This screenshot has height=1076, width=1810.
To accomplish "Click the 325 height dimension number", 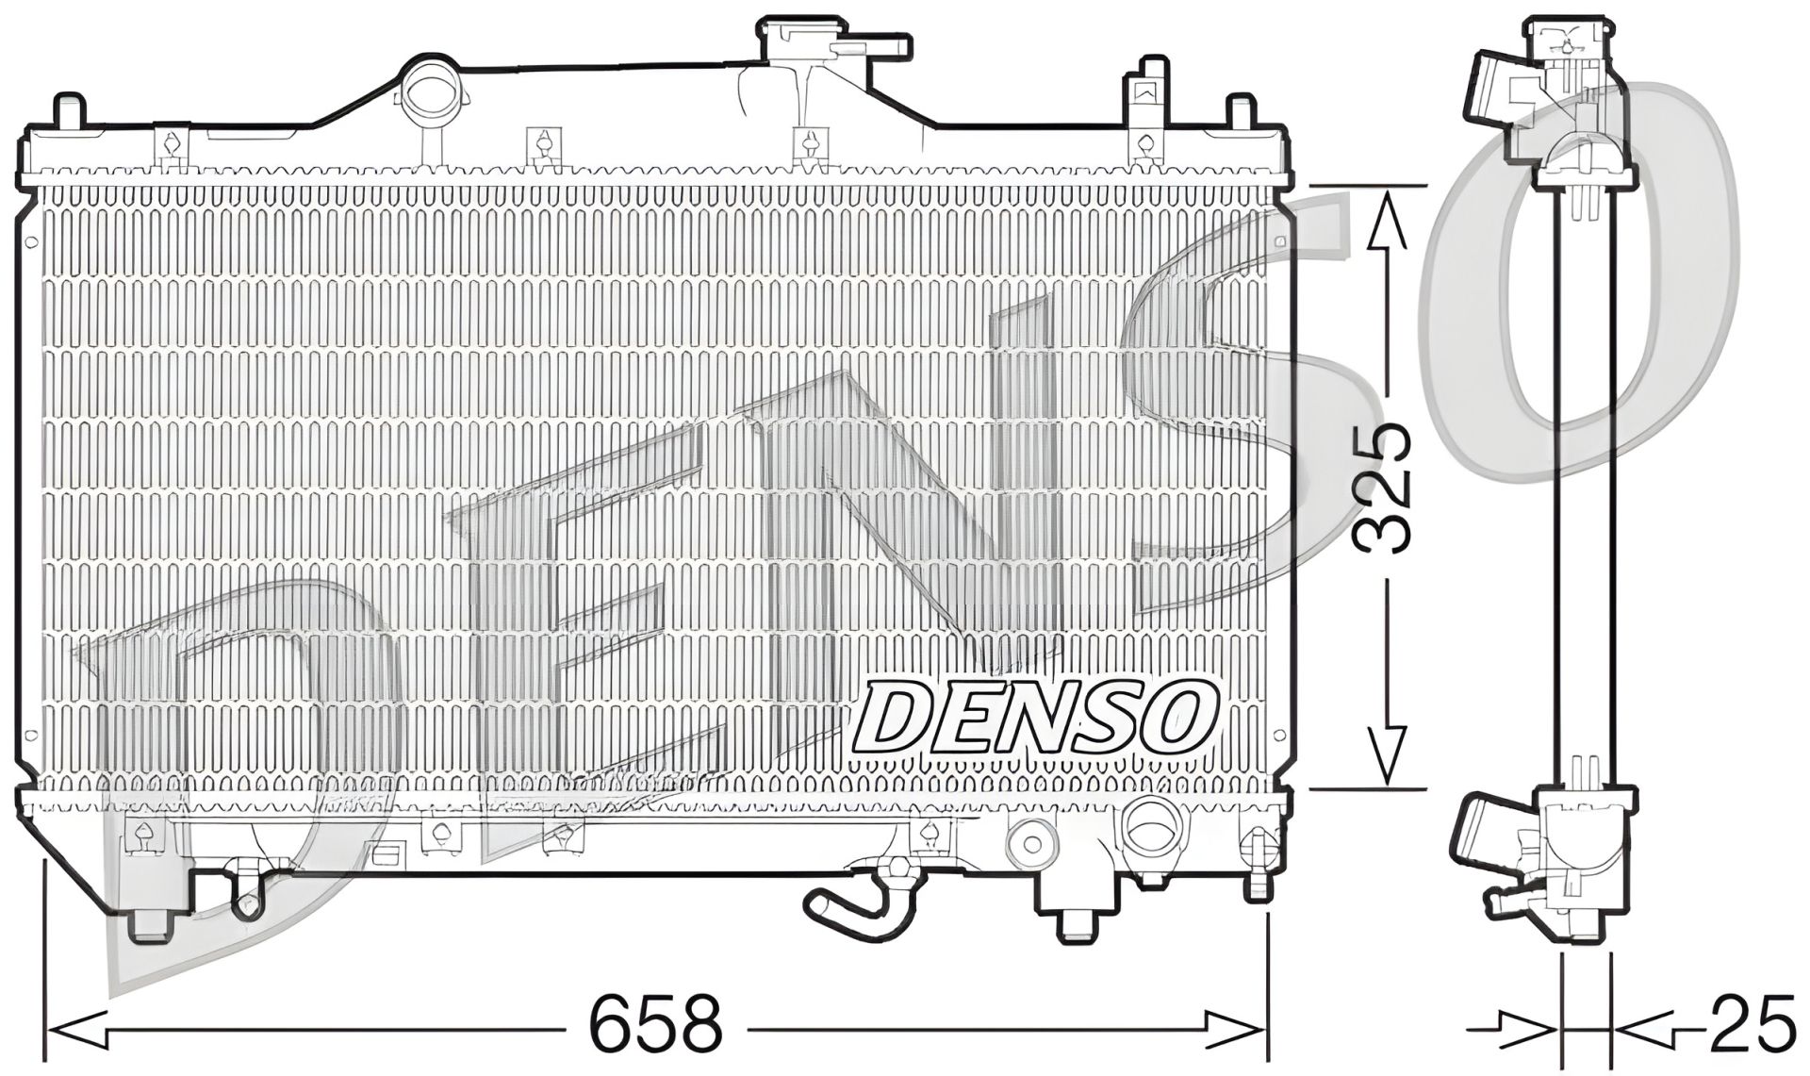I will coord(1382,488).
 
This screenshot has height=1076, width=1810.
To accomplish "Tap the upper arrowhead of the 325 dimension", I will coord(1385,222).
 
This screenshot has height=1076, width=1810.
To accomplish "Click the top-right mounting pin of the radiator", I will coord(1241,111).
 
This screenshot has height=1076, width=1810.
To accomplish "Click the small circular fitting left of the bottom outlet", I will coord(1032,842).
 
